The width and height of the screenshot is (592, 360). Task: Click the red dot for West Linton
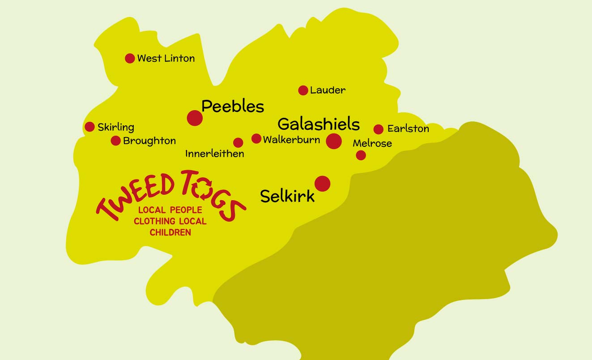click(130, 58)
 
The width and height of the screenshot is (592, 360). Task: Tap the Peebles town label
click(233, 107)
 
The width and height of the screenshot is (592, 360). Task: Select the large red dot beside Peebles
click(195, 118)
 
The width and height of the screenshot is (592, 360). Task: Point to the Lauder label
click(328, 90)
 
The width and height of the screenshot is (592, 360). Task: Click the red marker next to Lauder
click(303, 90)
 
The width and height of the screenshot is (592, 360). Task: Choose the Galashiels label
click(319, 124)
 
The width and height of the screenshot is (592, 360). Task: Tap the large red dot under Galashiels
click(334, 141)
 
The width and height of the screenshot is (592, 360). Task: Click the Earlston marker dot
click(379, 129)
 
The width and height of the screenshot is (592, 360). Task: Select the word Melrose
click(372, 143)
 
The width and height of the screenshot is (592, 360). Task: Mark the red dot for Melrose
click(361, 155)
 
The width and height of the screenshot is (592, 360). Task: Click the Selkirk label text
click(287, 196)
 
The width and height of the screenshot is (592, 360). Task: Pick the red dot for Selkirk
click(322, 184)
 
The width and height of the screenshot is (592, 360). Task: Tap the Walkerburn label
click(291, 140)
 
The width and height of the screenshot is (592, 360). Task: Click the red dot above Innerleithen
click(238, 143)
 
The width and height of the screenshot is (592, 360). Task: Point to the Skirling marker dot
click(89, 127)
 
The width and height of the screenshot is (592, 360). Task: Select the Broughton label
click(149, 141)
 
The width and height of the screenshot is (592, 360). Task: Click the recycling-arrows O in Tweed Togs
click(202, 192)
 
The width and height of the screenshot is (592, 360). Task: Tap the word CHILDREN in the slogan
click(170, 232)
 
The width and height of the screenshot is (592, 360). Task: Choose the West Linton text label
click(166, 58)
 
